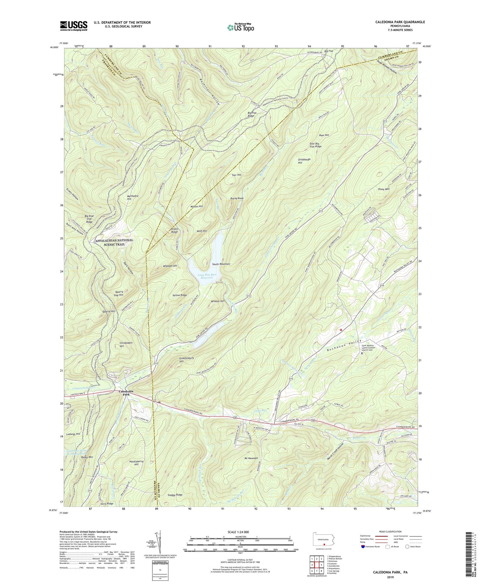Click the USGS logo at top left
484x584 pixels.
(74, 25)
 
